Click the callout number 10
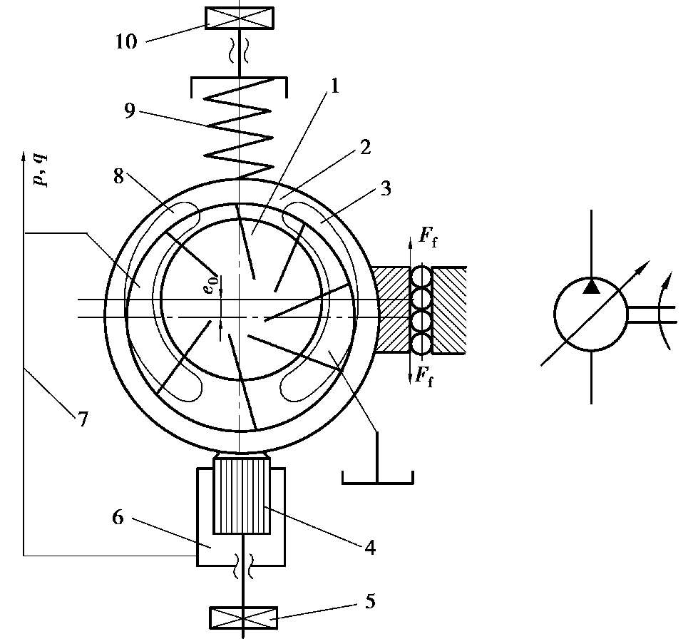point(126,41)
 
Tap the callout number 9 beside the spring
point(129,111)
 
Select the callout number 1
point(335,86)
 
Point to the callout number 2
point(365,148)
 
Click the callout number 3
point(386,188)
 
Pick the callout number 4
point(370,547)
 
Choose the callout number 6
point(117,518)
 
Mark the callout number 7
point(83,419)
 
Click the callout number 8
point(118,176)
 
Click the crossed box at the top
point(240,18)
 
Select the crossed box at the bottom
point(244,618)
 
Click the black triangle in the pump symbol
point(591,286)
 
